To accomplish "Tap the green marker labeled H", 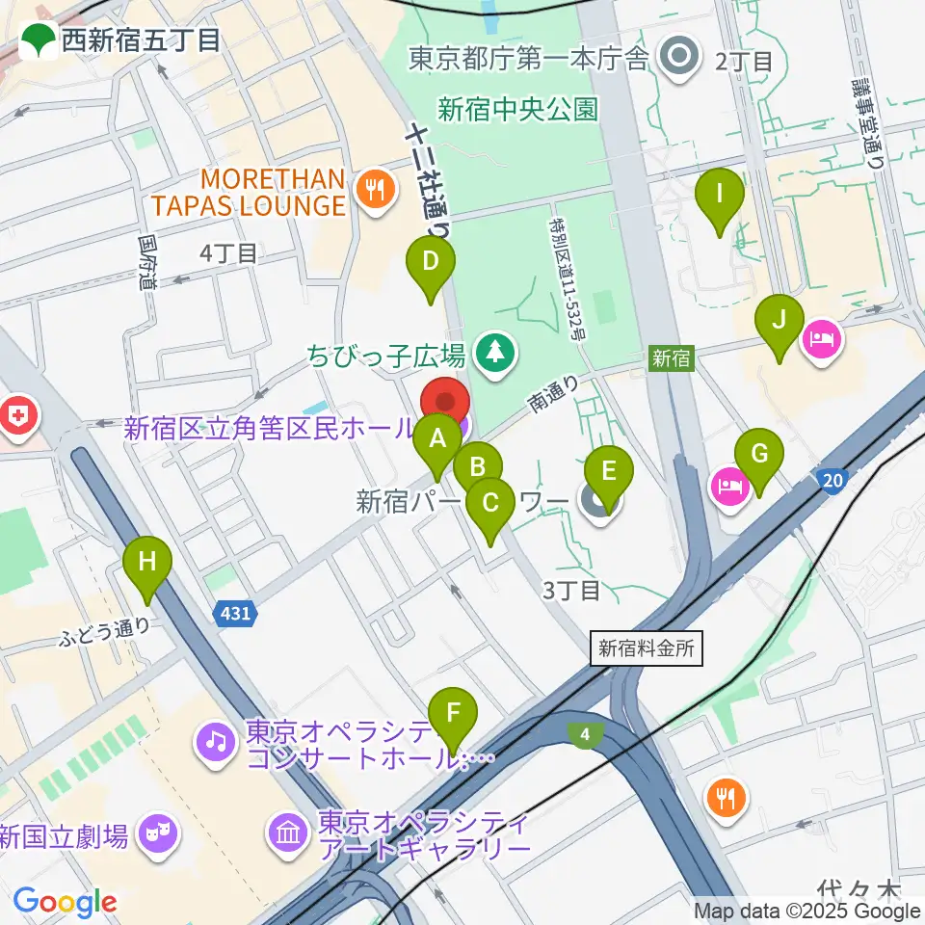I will point(146,562).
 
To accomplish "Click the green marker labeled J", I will point(780,321).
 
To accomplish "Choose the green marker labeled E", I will point(608,472).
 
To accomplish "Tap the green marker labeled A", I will point(437,440).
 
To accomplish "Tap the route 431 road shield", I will point(234,613).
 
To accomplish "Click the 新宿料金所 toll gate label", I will point(647,648).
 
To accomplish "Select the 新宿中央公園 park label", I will point(517,109).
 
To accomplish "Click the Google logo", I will point(65,902).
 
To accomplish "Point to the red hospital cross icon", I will point(17,416).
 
